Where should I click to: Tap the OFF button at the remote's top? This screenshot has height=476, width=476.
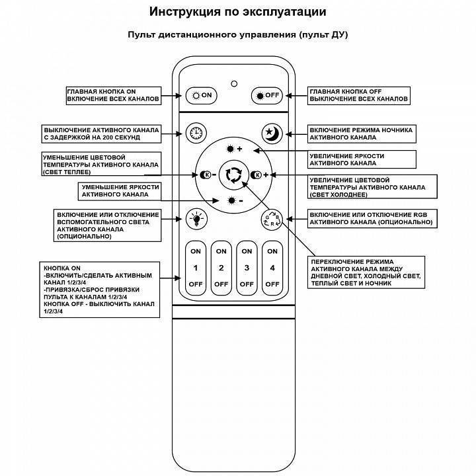coord(267,95)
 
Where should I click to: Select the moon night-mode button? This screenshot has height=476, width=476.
coord(272,133)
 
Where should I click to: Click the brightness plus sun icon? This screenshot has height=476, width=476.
coord(234,149)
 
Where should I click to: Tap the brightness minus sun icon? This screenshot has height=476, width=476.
coord(234,200)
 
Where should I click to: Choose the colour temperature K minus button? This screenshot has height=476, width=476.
coord(208,175)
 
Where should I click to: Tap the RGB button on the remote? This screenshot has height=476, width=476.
coord(272,218)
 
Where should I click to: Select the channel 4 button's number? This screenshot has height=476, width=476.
coord(272,268)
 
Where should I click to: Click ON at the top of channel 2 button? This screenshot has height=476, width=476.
coord(221,252)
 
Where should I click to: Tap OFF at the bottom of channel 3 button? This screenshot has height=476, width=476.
coord(247,284)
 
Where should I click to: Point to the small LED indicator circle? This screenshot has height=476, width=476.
coord(233,83)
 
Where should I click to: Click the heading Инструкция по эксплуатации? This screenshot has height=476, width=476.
coord(237,12)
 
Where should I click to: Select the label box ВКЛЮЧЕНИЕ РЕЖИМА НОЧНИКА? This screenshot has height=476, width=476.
coord(362,133)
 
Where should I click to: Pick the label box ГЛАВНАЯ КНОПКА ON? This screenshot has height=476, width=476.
coord(114,95)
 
